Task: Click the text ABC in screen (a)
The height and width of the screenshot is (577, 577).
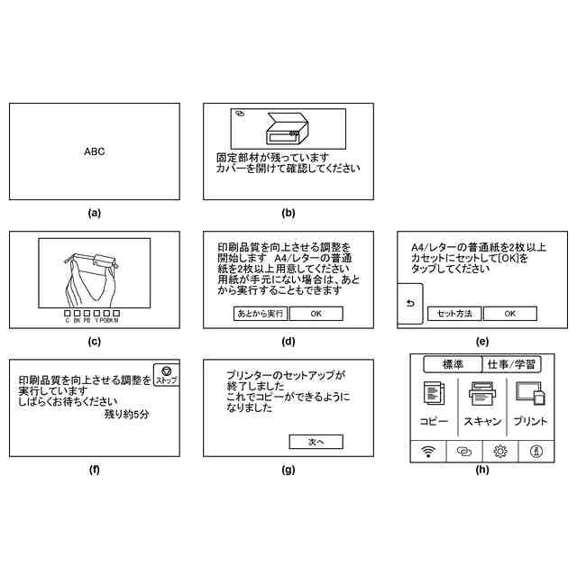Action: point(95,152)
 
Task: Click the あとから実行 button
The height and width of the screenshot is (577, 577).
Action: point(260,314)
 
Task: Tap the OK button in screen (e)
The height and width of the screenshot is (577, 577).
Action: point(509,314)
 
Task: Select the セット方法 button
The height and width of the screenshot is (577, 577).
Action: point(454,314)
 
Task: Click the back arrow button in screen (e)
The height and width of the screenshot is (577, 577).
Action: point(408,304)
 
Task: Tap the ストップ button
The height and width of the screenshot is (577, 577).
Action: point(166,375)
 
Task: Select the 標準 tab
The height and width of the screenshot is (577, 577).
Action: point(453,364)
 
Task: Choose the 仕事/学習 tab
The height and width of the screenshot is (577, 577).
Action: point(511,364)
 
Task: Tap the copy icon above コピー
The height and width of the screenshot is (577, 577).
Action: point(434,395)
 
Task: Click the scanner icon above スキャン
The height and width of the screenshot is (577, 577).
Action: point(482,395)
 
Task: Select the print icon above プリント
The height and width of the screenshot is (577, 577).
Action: point(530,395)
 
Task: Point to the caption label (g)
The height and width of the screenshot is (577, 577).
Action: point(288,469)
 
